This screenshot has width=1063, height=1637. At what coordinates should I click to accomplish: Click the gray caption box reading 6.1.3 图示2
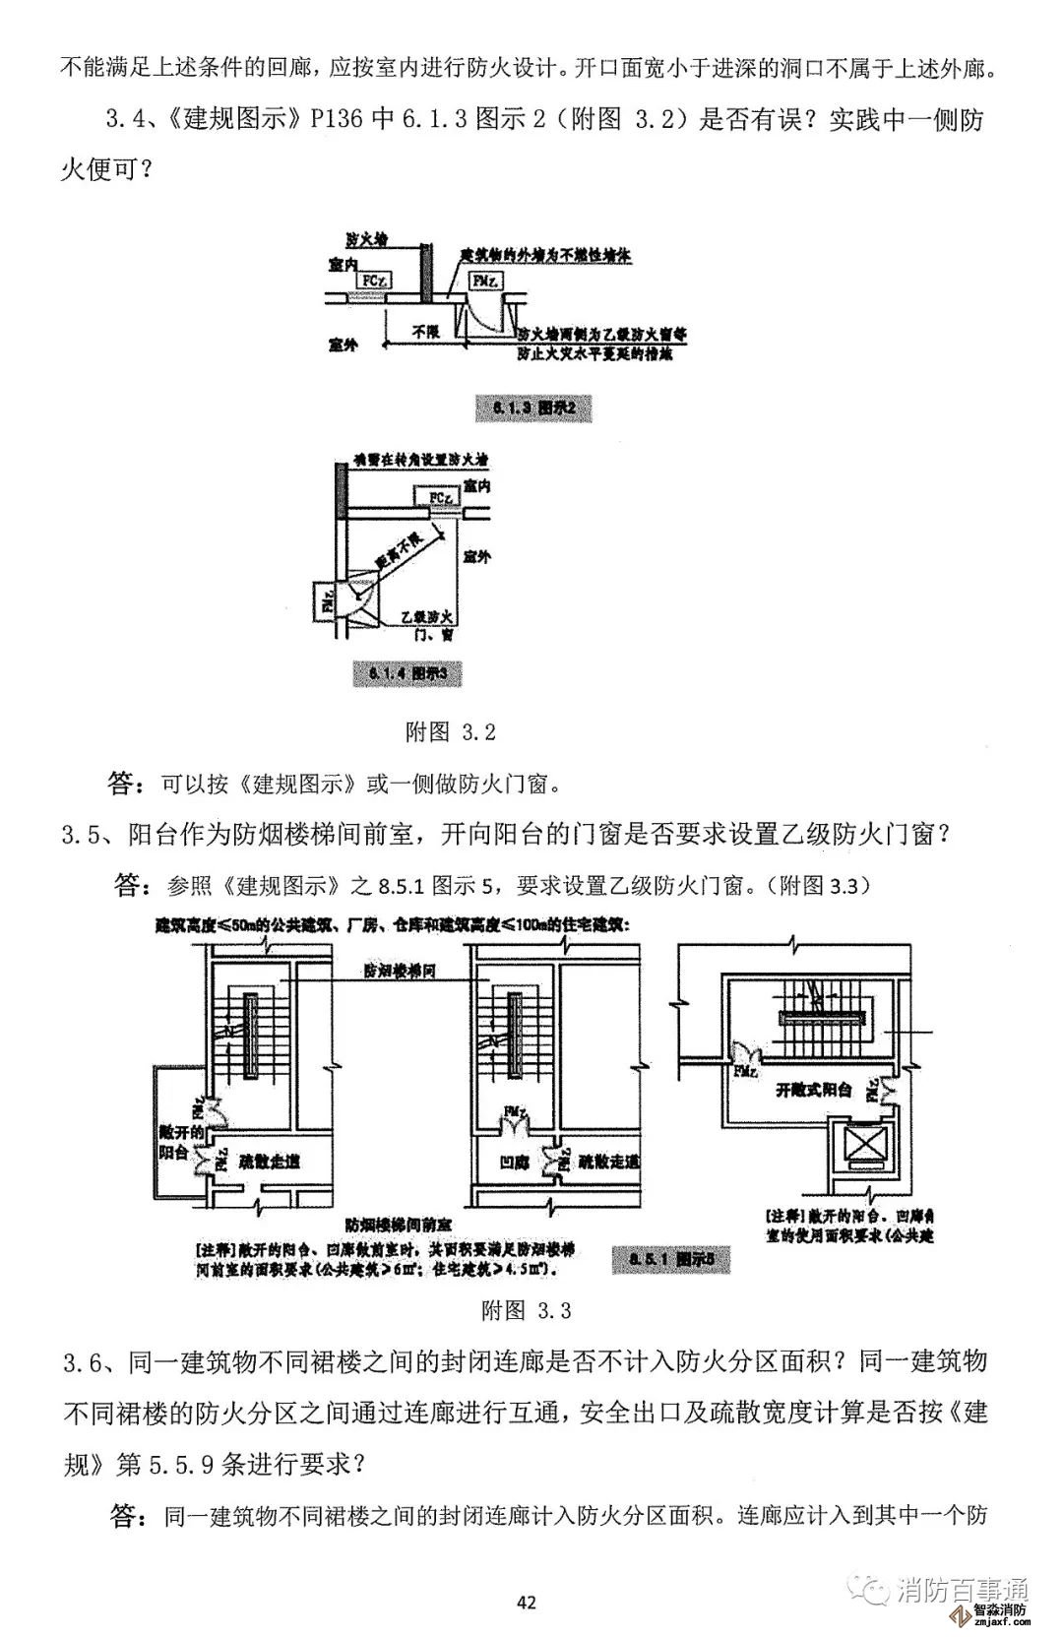pos(534,409)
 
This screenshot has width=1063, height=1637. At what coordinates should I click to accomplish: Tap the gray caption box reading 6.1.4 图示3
pos(406,674)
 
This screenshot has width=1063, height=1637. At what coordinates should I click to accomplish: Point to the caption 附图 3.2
pos(451,732)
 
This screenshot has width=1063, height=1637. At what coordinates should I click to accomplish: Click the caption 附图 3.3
pos(527,1310)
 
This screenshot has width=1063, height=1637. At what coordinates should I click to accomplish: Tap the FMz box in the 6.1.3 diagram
pos(484,281)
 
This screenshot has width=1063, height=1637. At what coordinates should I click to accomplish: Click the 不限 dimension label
pos(424,333)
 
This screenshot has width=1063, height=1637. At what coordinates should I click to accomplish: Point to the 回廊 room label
pos(515,1162)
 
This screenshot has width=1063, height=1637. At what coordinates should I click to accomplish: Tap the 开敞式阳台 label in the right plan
pos(813,1090)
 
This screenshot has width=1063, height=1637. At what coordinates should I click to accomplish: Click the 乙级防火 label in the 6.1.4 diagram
pos(426,617)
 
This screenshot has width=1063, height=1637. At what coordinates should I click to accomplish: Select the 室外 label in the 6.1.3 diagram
pos(343,346)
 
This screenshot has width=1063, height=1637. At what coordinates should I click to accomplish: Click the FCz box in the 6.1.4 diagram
pos(441,499)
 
